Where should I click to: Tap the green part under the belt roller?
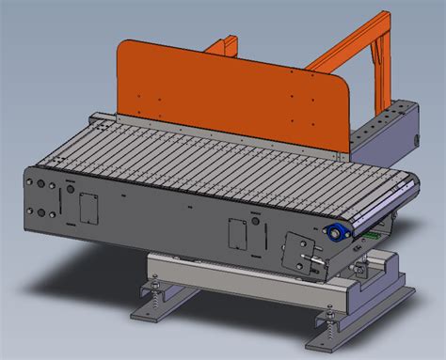tap(374, 236)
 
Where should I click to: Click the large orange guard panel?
tap(226, 89)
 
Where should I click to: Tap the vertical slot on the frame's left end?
tap(61, 201)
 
